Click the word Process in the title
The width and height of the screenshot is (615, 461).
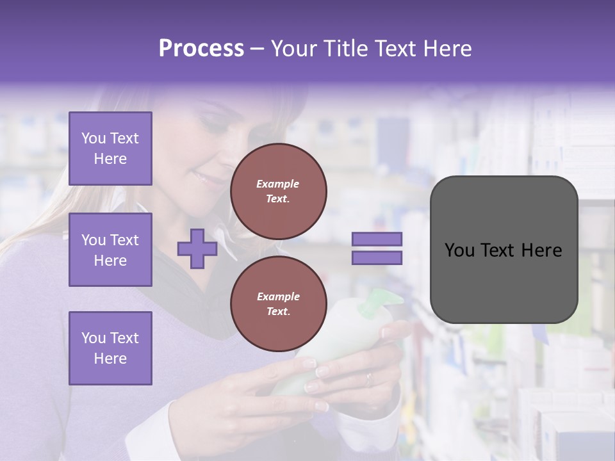[201, 49]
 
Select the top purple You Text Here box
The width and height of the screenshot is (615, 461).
[110, 149]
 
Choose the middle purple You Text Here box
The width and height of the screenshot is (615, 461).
[110, 250]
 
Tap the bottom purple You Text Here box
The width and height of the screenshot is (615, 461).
[110, 348]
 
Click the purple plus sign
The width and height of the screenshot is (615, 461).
[197, 248]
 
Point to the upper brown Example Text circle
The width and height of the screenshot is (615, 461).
[278, 191]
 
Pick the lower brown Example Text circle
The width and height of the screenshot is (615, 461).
[278, 304]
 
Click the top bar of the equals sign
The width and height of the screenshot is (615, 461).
[377, 239]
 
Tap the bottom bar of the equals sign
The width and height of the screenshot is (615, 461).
[377, 258]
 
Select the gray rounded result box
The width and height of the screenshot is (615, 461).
[504, 249]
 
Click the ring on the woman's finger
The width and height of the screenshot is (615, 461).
[368, 379]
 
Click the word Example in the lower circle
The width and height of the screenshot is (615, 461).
[278, 296]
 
